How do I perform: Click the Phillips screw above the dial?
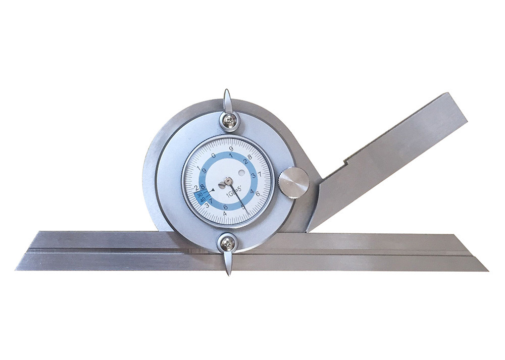click(x=229, y=120)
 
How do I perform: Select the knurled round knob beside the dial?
click(x=294, y=183)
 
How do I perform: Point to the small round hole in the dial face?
click(x=242, y=173)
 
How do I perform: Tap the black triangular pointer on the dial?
click(x=213, y=190)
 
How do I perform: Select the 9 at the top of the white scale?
click(x=231, y=149)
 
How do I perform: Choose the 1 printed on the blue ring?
click(x=231, y=156)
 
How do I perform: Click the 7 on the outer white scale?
click(x=259, y=174)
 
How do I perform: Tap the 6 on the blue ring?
click(x=225, y=207)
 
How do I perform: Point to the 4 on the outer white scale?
click(x=224, y=214)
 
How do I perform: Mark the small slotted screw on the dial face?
click(x=222, y=186)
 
